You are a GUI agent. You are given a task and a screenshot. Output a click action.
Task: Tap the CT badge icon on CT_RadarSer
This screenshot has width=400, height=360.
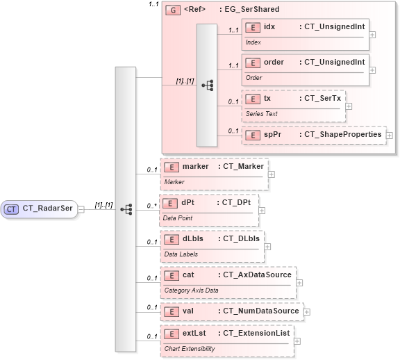click(x=12, y=208)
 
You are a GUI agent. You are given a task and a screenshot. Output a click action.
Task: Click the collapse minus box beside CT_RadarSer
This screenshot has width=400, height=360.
click(x=81, y=208)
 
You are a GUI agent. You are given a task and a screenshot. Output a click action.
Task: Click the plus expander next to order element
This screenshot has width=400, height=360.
click(x=373, y=69)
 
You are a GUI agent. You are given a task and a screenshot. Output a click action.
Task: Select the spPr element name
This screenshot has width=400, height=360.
click(x=272, y=133)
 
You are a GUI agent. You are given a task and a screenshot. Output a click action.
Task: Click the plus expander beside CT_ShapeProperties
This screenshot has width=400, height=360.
click(x=390, y=135)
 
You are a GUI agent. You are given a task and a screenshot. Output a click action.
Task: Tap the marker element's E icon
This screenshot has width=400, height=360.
click(x=170, y=167)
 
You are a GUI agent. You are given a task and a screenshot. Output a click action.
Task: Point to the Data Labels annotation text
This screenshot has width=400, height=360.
click(x=181, y=254)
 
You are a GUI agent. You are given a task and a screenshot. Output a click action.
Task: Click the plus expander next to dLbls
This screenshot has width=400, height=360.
click(x=267, y=245)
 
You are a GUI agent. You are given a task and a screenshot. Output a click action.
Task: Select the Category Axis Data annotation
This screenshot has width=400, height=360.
click(x=191, y=290)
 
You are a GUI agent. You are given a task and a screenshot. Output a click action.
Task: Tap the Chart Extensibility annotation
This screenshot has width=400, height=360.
click(x=189, y=347)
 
